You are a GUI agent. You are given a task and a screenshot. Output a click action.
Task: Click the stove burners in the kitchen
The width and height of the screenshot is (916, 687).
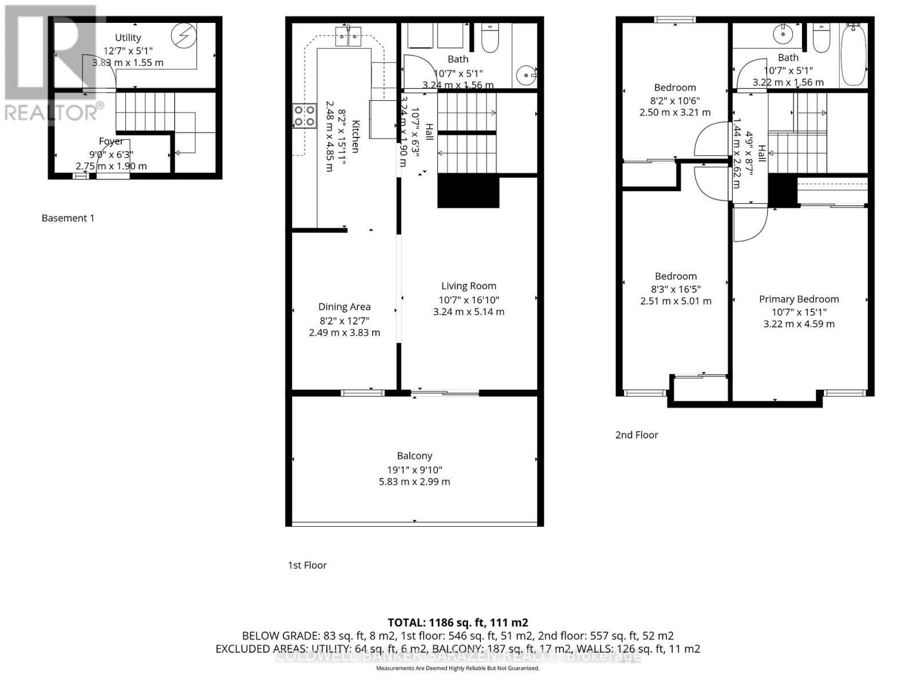pyautogui.click(x=305, y=116)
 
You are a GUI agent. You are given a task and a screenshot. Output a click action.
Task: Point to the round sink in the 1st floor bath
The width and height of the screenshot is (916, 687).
pyautogui.click(x=525, y=74)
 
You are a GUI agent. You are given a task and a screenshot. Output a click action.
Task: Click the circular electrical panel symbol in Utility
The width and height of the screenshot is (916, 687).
pyautogui.click(x=184, y=36)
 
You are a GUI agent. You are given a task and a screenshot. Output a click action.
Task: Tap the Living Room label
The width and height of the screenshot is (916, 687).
pyautogui.click(x=468, y=286)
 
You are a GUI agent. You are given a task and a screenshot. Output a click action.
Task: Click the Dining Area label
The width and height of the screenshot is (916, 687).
pyautogui.click(x=344, y=307)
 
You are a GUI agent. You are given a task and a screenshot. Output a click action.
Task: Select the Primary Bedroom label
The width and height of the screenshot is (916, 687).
pyautogui.click(x=799, y=299)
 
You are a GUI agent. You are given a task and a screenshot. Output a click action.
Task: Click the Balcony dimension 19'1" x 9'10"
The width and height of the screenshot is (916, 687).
pyautogui.click(x=414, y=469)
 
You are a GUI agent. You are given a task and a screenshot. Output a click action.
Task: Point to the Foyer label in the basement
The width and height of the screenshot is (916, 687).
pyautogui.click(x=110, y=141)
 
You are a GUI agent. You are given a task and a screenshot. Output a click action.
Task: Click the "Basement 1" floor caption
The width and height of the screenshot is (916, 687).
pyautogui.click(x=68, y=218)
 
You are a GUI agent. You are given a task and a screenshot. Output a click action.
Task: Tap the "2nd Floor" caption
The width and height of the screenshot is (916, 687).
pyautogui.click(x=637, y=435)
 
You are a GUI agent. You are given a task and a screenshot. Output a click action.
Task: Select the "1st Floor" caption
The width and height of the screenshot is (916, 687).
pyautogui.click(x=307, y=565)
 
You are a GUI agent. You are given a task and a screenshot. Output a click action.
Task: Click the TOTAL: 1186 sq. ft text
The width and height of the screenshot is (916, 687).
pyautogui.click(x=457, y=622)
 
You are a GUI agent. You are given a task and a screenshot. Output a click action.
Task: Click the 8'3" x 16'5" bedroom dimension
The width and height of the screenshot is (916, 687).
pyautogui.click(x=676, y=289)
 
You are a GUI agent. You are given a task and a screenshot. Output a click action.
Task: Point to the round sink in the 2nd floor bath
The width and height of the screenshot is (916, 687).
pyautogui.click(x=783, y=34)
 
